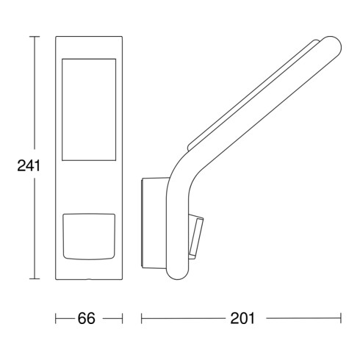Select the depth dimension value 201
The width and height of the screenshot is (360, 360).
pyautogui.click(x=241, y=318)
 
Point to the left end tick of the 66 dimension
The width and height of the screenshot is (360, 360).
pyautogui.click(x=56, y=318)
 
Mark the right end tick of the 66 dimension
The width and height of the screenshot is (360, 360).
pyautogui.click(x=122, y=318)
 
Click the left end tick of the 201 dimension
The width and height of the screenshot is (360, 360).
pyautogui.click(x=141, y=318)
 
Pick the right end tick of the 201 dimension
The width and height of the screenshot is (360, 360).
pyautogui.click(x=341, y=318)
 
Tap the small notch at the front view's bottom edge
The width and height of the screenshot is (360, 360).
pyautogui.click(x=89, y=279)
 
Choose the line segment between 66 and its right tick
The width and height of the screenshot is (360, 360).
pyautogui.click(x=112, y=318)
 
